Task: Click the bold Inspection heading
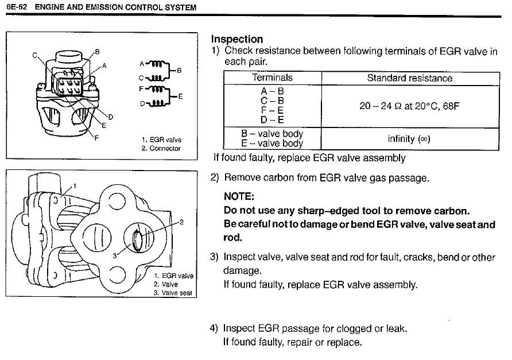coord(237,39)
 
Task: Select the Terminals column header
coord(272,78)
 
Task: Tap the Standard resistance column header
coord(409,78)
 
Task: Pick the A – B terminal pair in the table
coord(272,91)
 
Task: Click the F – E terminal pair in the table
coord(272,110)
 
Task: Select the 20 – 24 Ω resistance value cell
coord(409,106)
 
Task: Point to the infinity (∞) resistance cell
coord(409,139)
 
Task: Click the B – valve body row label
coord(272,134)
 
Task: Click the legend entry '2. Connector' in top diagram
coord(161,148)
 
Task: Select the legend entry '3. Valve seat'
coord(173,292)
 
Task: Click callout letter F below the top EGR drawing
coord(95,137)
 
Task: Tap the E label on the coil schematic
coord(181,96)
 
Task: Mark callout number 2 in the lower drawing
coord(181,222)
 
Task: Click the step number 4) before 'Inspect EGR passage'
coord(215,328)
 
